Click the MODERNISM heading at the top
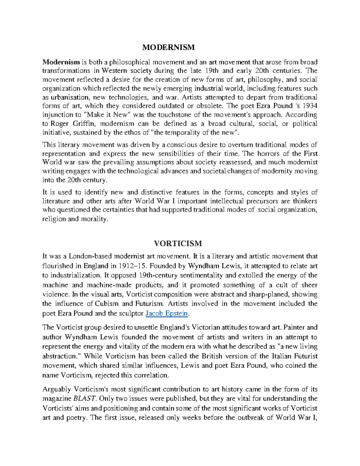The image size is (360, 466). click(168, 47)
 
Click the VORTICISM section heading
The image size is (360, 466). click(178, 243)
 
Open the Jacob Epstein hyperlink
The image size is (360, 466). click(167, 314)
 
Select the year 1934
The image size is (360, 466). click(310, 106)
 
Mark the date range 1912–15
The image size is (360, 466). click(133, 266)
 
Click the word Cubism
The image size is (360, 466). click(106, 304)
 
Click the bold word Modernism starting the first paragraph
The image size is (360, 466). click(61, 62)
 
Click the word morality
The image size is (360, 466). click(94, 219)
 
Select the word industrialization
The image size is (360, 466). click(76, 275)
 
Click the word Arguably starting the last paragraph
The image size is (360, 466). click(57, 389)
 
